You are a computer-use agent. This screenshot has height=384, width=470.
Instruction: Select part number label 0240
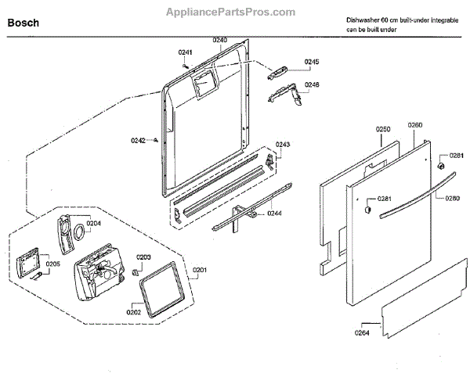219,41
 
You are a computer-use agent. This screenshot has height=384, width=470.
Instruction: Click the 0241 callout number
185,52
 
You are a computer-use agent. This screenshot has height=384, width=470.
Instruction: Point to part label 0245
312,61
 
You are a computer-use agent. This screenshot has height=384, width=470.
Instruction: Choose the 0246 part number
312,84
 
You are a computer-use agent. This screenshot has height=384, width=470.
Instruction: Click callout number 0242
138,141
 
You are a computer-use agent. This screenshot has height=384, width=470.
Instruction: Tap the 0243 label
283,145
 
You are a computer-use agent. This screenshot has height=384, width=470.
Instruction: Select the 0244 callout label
274,213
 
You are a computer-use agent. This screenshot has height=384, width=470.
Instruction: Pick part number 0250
383,127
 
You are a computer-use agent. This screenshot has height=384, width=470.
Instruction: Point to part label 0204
94,223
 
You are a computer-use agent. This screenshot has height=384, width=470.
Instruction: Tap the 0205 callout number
52,264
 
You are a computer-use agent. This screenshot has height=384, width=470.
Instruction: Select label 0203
143,257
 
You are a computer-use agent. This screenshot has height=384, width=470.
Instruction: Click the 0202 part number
133,311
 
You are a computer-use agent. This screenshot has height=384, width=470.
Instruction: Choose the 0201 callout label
200,271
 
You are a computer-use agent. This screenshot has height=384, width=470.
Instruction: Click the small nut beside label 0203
137,272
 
